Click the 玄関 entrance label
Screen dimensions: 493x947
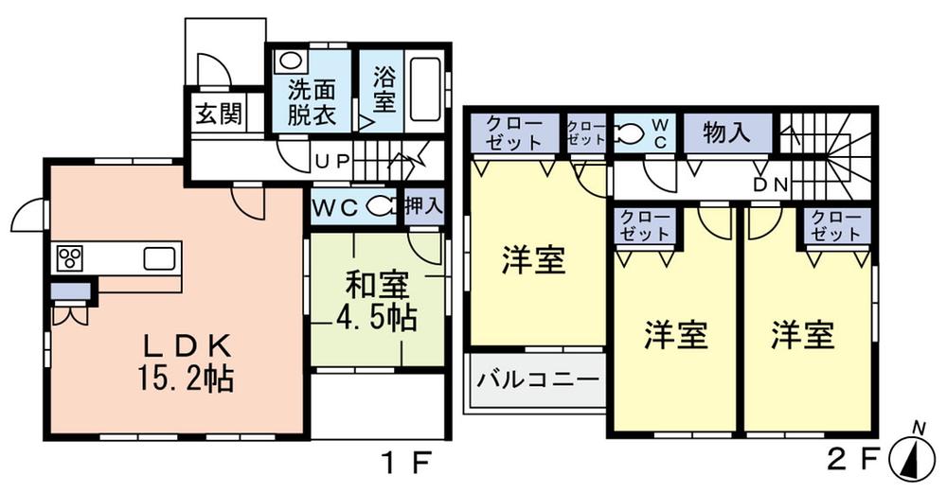tap(218, 115)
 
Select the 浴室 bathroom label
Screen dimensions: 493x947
tap(384, 88)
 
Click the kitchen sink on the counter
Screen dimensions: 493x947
tap(159, 257)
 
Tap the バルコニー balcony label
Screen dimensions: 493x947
tap(537, 381)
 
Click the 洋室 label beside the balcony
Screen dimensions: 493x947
tap(534, 259)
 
